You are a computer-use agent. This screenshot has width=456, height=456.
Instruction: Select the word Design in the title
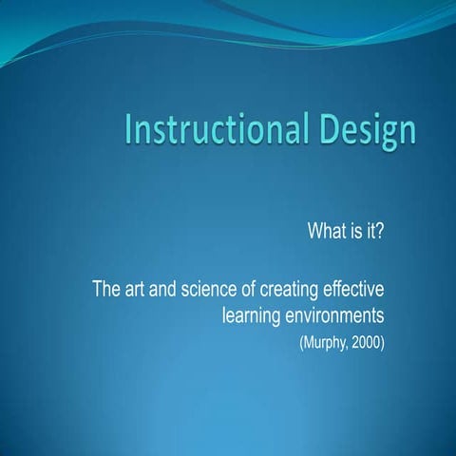pyautogui.click(x=368, y=131)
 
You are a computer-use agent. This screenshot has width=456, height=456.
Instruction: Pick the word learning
pyautogui.click(x=253, y=313)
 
